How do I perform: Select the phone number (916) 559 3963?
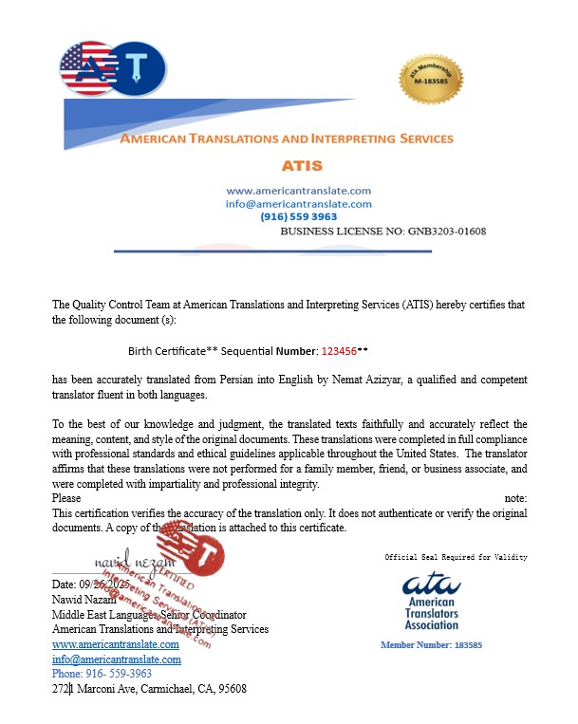coord(298,216)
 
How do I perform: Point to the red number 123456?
coord(340,350)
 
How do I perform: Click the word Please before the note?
coord(66,498)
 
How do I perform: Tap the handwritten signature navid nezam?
coord(129,565)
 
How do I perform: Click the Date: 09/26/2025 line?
coord(90,585)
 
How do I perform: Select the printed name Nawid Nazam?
coord(85,601)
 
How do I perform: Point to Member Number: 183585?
coord(431,645)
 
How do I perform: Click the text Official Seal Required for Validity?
coord(456,557)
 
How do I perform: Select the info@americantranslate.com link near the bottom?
coord(116,659)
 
